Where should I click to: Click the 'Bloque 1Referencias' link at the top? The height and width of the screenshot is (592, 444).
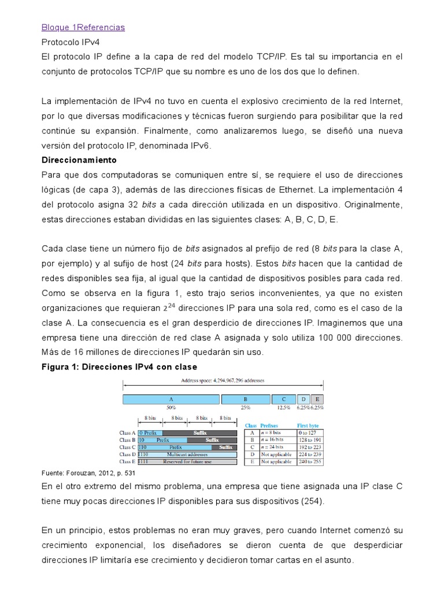tap(83, 27)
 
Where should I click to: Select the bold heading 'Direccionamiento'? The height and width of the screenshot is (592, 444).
tap(79, 160)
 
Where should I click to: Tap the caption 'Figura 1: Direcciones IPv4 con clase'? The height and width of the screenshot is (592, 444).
tap(120, 367)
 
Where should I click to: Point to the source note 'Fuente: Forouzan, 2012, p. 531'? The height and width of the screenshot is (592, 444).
tap(92, 472)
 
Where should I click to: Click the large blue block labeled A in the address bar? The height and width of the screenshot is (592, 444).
tap(171, 399)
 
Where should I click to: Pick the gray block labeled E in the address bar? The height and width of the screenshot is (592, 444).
tap(317, 399)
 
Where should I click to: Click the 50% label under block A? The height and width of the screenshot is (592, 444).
tap(171, 408)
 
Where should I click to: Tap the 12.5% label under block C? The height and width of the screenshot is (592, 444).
tap(283, 408)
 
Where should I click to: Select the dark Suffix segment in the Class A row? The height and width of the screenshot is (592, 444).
tap(199, 432)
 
